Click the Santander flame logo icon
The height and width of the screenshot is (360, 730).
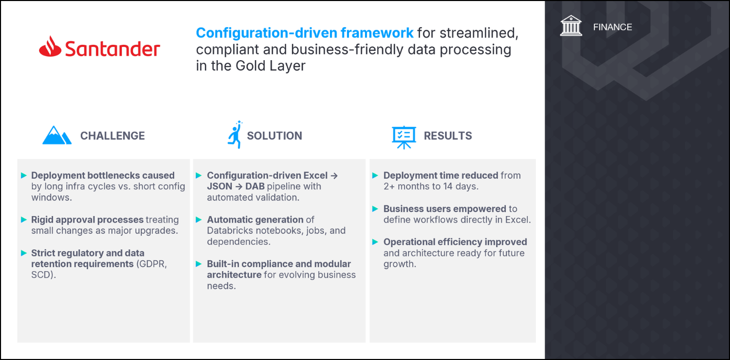pos(50,47)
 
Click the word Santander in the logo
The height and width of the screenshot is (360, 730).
pos(113,49)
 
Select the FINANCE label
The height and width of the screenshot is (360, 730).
pos(612,27)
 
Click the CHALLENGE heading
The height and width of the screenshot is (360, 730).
pos(113,136)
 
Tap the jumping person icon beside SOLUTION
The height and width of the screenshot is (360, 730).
pos(235,134)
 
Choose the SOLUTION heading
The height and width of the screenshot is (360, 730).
pos(275,136)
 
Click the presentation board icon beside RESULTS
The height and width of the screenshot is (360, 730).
pos(404,137)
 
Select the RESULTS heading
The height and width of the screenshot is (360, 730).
pos(448,136)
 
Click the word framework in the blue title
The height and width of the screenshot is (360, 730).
pos(377,33)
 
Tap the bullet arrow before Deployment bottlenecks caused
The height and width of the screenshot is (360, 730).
pos(24,175)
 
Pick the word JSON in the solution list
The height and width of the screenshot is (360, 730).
pos(220,187)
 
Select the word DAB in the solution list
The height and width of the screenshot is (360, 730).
pos(255,187)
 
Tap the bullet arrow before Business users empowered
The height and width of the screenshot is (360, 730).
pos(375,209)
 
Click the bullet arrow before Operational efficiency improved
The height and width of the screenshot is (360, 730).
pos(375,242)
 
